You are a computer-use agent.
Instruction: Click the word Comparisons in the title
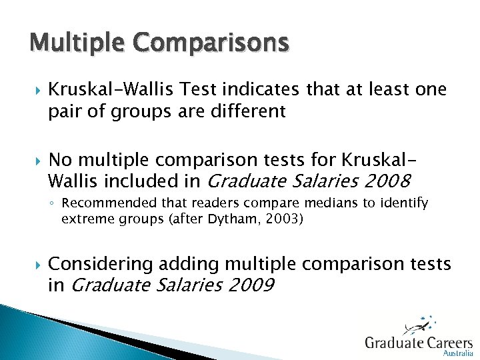coord(211,44)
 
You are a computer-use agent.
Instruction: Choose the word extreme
coord(83,218)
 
